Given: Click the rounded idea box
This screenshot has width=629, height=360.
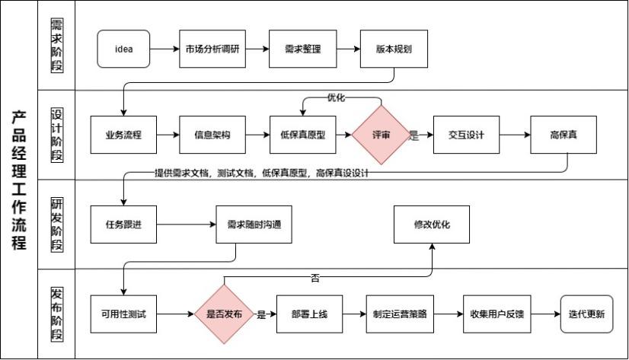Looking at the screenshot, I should [x=123, y=49].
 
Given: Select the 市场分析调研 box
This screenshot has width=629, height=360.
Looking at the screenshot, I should [x=212, y=49].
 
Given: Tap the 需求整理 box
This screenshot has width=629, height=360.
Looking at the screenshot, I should [x=303, y=49].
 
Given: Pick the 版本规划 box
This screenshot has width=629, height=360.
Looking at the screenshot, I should [x=394, y=49].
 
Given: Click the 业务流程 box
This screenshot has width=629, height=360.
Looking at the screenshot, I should [x=123, y=135].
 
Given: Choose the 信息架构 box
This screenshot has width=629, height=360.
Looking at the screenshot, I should [x=212, y=135].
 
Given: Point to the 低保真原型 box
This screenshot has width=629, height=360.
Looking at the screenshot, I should [x=303, y=135].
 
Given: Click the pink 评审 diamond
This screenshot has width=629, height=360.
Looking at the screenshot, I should [x=380, y=135].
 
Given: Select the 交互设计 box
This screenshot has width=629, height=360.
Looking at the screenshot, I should [x=466, y=135].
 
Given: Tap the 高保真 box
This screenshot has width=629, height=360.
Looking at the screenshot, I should [x=564, y=135].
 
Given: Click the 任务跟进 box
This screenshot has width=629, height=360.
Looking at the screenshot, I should [x=123, y=225].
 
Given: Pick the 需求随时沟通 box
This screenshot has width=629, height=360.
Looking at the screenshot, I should [x=254, y=225].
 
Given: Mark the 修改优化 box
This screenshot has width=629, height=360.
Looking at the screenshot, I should [x=431, y=225].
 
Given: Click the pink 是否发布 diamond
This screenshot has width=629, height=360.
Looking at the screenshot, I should [x=224, y=314].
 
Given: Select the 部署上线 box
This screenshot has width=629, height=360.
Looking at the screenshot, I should [x=309, y=314].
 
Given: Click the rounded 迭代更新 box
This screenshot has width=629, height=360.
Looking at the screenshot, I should [x=586, y=314].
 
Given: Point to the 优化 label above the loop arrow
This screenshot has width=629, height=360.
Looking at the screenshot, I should [x=336, y=98].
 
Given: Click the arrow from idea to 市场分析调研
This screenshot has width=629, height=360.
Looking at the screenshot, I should [x=164, y=49].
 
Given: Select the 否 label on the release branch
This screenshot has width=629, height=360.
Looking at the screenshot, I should [x=314, y=279].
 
